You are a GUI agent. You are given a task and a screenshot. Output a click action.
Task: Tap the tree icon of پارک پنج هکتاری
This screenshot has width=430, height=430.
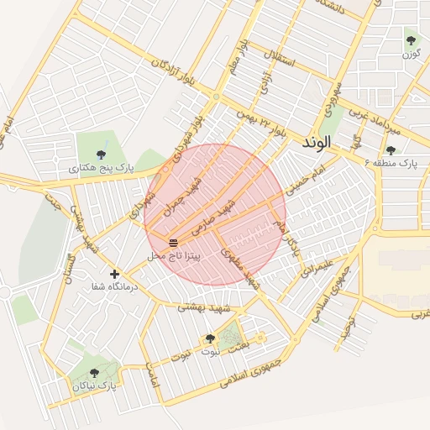pos(102,154)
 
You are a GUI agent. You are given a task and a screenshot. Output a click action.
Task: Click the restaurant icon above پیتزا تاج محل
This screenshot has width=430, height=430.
pos(173,242)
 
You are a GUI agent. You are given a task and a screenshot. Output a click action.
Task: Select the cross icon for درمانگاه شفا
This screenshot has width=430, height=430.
pos(115,274)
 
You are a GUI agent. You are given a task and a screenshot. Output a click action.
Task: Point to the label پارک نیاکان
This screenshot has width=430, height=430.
pos(92,385)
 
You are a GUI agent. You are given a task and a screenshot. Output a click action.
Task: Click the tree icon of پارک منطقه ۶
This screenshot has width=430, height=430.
pos(390,150)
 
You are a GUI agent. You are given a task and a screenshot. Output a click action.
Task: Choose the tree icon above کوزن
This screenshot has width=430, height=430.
pos(411,39)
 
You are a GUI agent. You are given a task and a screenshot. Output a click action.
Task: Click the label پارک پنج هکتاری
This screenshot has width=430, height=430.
pos(101,169)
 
